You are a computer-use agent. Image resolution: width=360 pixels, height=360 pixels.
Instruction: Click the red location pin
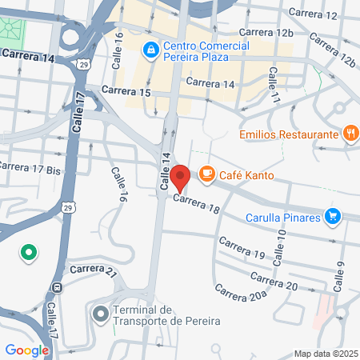181,177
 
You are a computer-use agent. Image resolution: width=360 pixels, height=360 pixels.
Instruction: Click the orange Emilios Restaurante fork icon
350,134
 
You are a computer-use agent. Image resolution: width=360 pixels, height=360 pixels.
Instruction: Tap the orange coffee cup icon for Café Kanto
206,174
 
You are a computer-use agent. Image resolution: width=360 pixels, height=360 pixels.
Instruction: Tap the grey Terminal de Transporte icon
100,314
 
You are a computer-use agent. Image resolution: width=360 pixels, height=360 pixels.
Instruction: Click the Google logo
26,350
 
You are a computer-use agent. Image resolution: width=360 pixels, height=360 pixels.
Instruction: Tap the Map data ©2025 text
325,354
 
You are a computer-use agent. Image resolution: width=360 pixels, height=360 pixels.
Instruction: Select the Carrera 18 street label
196,206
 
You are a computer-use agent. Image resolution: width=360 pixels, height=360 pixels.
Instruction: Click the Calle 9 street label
340,276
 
